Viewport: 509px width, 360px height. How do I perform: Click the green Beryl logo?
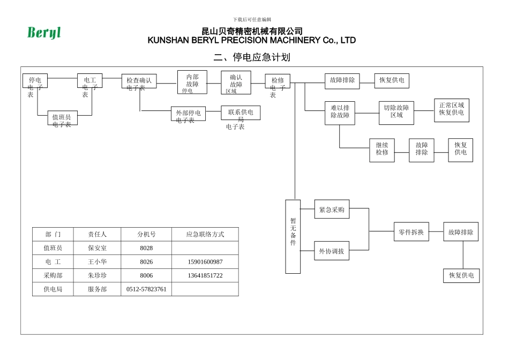click(44, 33)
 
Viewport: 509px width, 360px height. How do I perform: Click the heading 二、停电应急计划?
click(252, 57)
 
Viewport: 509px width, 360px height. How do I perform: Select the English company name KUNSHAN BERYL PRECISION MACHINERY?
click(251, 41)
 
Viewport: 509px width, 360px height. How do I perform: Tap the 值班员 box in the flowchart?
click(62, 118)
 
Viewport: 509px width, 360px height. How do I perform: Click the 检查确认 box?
click(139, 81)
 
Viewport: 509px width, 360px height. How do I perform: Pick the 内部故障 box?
click(192, 82)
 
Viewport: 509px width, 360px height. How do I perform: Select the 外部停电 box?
click(188, 114)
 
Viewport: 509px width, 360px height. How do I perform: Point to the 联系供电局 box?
click(241, 112)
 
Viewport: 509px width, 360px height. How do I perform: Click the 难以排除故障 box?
click(340, 112)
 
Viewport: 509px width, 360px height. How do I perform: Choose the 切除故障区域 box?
click(396, 112)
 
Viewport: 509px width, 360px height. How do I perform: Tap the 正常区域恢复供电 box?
click(452, 110)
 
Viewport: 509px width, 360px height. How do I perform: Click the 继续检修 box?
click(382, 150)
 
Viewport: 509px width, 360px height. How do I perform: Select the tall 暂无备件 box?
click(293, 236)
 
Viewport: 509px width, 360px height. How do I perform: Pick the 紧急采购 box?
click(332, 209)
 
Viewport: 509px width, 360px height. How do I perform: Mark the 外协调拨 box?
click(332, 251)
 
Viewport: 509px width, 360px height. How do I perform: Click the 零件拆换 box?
click(411, 232)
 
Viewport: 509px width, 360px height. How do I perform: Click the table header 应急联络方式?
click(205, 234)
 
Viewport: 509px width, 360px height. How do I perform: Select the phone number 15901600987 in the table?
click(205, 262)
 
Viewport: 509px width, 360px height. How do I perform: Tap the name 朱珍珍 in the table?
click(98, 275)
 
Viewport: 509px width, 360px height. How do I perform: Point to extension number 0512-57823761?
click(146, 289)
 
